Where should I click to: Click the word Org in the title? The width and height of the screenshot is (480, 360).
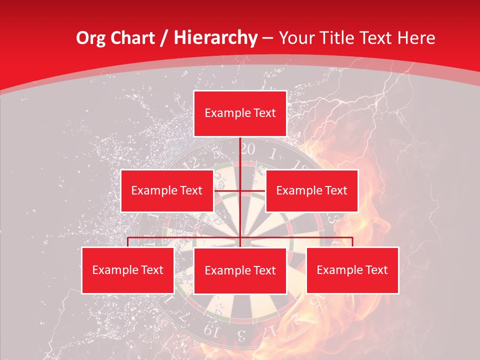[91, 38]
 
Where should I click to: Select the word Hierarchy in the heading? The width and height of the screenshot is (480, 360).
[215, 38]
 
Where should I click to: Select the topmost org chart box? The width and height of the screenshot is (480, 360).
[240, 113]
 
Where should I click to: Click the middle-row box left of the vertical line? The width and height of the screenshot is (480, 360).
[167, 190]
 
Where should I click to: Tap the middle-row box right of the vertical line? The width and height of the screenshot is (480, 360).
[311, 190]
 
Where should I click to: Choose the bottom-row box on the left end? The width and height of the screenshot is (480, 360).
[127, 270]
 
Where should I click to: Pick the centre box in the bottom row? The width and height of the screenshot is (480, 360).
[240, 270]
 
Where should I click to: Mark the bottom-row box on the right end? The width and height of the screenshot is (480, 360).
[352, 270]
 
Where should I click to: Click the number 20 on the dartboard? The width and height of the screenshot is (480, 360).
[247, 149]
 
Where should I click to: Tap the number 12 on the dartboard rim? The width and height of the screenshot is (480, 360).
[190, 163]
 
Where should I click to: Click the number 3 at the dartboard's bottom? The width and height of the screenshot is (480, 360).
[241, 334]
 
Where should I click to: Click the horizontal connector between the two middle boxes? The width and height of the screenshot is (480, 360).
[240, 190]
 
